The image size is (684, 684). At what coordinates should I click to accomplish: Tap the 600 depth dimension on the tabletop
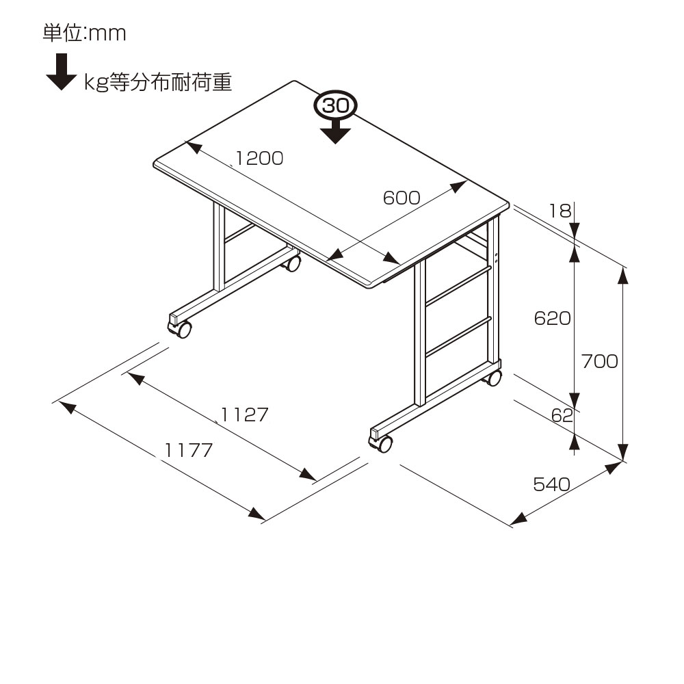401,198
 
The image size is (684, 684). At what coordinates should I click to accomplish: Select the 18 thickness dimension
560,211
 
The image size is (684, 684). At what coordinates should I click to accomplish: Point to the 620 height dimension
552,318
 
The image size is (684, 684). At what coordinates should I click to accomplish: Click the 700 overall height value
598,361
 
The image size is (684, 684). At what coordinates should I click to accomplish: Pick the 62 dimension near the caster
561,415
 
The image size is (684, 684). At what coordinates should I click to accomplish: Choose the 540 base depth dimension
551,485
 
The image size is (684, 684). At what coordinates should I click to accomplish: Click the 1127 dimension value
244,415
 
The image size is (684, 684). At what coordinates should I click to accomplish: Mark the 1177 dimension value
189,450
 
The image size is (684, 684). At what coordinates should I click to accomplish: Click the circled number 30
335,106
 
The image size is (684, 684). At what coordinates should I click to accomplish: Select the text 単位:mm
85,33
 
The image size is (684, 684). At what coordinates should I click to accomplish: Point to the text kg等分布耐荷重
158,83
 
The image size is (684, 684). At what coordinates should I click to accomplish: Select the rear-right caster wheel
493,378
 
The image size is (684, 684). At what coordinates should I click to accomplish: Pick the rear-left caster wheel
293,263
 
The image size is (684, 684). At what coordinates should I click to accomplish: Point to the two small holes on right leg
496,258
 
